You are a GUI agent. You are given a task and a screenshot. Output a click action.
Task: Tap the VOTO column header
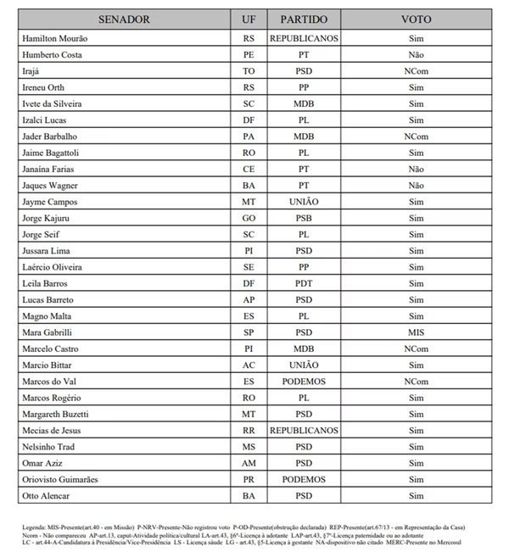(416, 19)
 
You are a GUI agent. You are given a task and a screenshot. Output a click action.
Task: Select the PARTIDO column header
(304, 19)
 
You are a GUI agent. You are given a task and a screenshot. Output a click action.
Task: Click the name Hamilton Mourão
(53, 39)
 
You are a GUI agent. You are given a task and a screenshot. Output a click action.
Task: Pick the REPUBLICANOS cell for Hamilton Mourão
(304, 39)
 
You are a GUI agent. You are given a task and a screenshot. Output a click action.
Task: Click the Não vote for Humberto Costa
(416, 55)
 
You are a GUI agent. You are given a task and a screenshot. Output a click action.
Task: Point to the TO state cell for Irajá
(249, 71)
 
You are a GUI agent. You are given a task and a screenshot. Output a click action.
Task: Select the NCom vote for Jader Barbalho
(416, 137)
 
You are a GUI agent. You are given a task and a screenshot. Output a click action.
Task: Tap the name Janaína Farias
(52, 169)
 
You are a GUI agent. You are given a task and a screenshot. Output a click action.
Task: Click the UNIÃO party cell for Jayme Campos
(304, 202)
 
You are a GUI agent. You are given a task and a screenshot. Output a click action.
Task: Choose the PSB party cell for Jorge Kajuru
(304, 218)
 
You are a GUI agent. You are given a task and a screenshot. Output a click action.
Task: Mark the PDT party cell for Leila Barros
(304, 283)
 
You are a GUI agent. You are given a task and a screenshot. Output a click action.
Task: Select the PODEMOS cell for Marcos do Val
(304, 382)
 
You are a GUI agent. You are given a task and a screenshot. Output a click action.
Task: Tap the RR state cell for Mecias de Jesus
(249, 430)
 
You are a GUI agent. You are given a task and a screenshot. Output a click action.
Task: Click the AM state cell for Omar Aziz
(249, 463)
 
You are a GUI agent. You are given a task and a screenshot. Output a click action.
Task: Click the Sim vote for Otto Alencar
(416, 495)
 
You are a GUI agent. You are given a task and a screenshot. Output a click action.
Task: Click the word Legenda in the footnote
(36, 527)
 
